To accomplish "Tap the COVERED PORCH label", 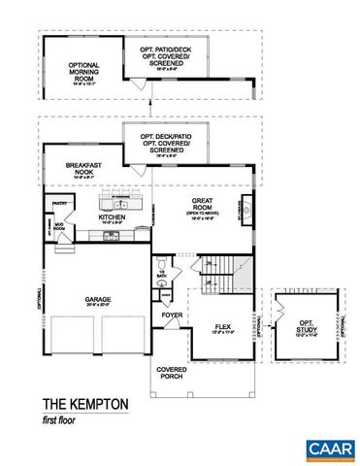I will pos(172,374).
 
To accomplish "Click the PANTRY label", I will pos(59,204).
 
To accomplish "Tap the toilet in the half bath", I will pos(160,265).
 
